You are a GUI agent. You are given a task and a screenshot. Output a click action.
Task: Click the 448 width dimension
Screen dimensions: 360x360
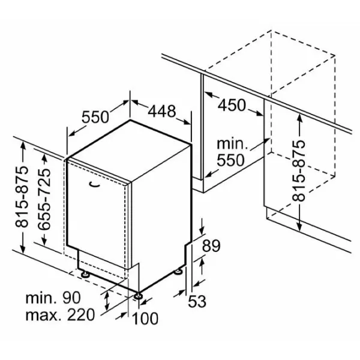click(162, 111)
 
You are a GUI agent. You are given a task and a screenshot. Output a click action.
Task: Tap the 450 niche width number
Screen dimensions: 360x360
click(232, 105)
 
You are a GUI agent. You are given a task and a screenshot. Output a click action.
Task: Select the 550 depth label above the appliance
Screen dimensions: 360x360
click(95, 117)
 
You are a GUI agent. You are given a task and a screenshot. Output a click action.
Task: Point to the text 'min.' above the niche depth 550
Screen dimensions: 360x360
click(233, 144)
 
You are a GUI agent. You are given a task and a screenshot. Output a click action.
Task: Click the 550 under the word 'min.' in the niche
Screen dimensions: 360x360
click(230, 160)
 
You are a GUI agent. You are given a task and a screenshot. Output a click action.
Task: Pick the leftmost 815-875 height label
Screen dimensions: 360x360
click(22, 197)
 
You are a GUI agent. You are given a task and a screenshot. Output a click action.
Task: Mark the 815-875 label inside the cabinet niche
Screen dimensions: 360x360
click(299, 171)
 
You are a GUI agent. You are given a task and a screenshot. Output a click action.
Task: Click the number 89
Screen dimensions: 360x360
click(211, 245)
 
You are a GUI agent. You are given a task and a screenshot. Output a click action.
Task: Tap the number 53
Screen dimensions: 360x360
click(197, 301)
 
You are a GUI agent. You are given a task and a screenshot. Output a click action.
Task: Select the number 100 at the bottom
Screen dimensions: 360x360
click(145, 318)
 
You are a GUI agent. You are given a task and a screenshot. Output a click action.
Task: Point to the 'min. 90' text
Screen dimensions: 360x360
click(53, 298)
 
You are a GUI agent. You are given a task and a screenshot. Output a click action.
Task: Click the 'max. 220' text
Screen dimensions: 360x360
click(60, 315)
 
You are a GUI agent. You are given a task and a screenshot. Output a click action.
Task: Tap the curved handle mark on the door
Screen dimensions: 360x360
click(95, 184)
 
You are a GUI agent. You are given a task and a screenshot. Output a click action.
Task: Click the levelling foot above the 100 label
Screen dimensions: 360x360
click(138, 296)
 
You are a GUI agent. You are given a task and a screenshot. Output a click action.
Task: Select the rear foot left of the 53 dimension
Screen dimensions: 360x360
click(178, 271)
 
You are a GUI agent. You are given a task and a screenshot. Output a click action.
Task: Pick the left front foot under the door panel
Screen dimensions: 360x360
click(85, 274)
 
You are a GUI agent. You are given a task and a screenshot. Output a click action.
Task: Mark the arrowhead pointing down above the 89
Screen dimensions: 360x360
click(202, 230)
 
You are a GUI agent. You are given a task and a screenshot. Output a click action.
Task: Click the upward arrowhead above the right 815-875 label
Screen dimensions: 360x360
click(299, 118)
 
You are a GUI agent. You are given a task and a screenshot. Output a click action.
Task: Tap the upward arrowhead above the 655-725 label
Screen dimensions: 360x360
click(44, 158)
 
